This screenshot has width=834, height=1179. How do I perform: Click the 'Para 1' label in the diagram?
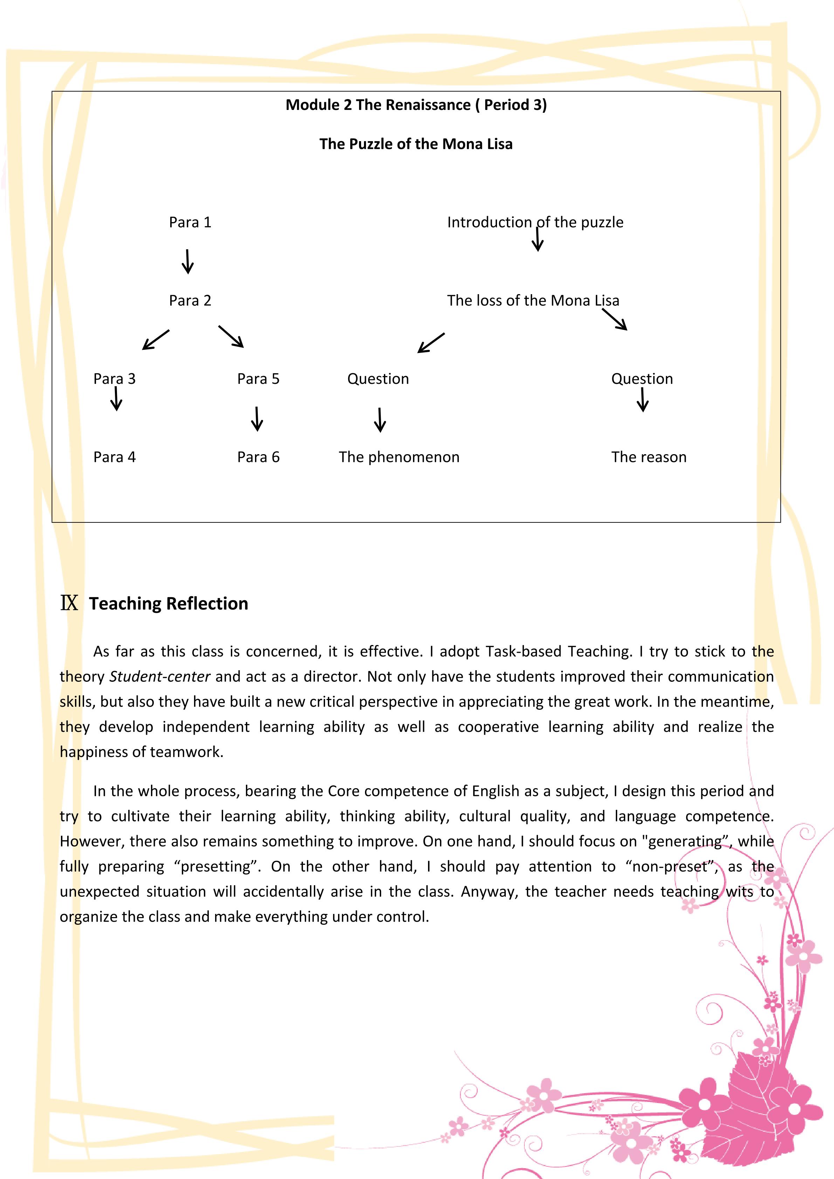point(190,222)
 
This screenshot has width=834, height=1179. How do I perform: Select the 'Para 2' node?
point(190,300)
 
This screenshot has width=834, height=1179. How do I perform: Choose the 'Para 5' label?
point(258,379)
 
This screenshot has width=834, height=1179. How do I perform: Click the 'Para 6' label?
point(258,457)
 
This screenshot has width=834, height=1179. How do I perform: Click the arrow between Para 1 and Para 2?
point(188,261)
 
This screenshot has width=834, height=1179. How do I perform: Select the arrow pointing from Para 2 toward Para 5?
point(231,337)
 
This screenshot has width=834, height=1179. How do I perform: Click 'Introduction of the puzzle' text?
point(535,222)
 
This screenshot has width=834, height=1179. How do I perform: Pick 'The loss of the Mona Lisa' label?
point(533,300)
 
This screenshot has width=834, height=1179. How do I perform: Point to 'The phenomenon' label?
point(399,457)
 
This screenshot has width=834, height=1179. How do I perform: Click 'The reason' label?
point(649,457)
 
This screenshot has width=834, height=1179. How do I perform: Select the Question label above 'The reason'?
point(642,379)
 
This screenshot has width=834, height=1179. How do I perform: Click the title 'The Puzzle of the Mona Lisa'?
point(416,144)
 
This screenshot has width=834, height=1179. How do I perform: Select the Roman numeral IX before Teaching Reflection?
point(69,603)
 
